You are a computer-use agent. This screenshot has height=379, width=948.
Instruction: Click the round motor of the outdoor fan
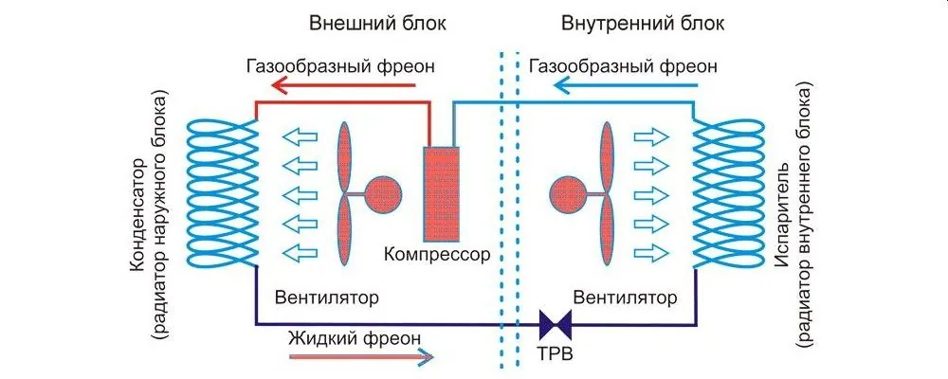[385, 194]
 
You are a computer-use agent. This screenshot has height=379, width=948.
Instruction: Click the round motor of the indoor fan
[568, 194]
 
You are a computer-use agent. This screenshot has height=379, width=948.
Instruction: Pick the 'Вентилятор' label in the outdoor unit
[327, 297]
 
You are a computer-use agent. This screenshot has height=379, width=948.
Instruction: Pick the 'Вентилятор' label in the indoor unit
[631, 297]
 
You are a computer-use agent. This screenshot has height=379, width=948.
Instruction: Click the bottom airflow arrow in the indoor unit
[649, 253]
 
